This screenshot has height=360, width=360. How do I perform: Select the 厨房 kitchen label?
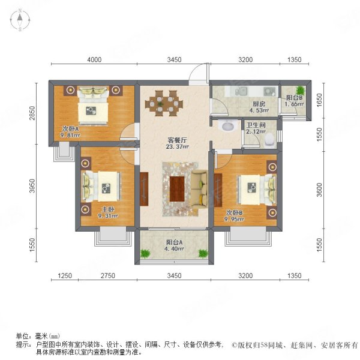(259, 103)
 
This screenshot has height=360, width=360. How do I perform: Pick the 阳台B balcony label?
(293, 98)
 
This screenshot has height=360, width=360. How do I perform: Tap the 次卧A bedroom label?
(70, 128)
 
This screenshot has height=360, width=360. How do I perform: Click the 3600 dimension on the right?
(319, 191)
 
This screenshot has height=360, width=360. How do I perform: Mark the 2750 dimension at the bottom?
(107, 276)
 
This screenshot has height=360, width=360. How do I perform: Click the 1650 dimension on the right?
(319, 98)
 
